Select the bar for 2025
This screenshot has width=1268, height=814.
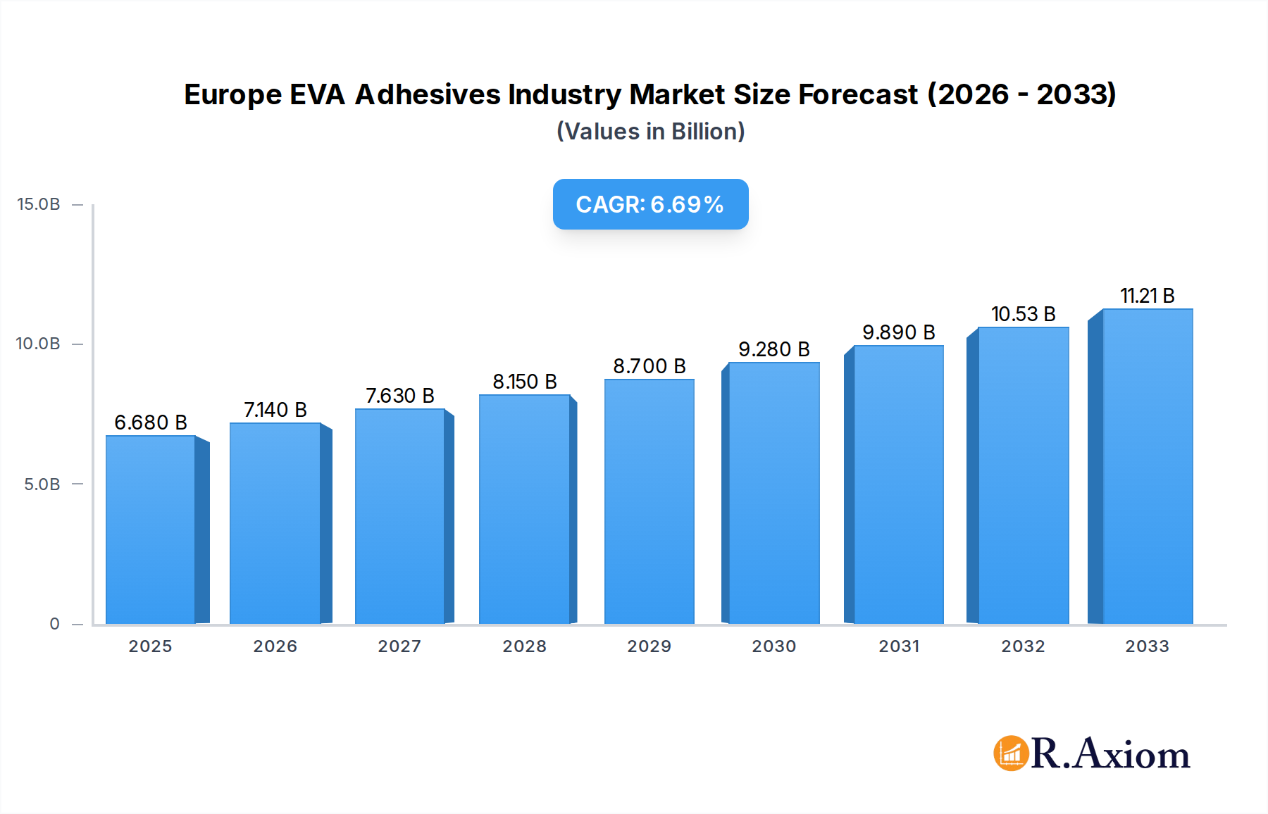click(x=151, y=530)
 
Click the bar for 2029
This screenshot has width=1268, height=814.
click(x=649, y=501)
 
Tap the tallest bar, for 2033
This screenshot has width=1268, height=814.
click(x=1147, y=466)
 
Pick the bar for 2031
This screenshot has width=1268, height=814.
click(x=898, y=484)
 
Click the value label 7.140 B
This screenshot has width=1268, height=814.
click(x=275, y=410)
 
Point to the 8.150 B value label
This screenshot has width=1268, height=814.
click(x=525, y=382)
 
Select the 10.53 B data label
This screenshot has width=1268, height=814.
click(x=1023, y=314)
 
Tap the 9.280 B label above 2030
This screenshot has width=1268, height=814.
click(x=773, y=349)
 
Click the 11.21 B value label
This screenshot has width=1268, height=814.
click(x=1147, y=296)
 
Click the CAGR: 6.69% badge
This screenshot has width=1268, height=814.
click(x=650, y=204)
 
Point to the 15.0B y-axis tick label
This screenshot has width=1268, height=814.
click(x=39, y=204)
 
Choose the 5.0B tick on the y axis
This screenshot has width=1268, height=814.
click(x=42, y=484)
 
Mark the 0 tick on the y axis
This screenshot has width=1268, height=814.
click(x=54, y=624)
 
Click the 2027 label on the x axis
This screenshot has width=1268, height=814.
click(x=399, y=646)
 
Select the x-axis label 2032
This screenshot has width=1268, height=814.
click(x=1023, y=646)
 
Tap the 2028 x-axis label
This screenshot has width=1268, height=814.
click(x=524, y=646)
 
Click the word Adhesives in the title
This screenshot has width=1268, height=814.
click(x=428, y=94)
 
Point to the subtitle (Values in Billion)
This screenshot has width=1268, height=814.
click(x=650, y=132)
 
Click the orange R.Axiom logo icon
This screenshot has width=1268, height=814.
click(x=1011, y=753)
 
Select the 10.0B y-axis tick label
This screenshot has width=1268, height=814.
click(x=39, y=344)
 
